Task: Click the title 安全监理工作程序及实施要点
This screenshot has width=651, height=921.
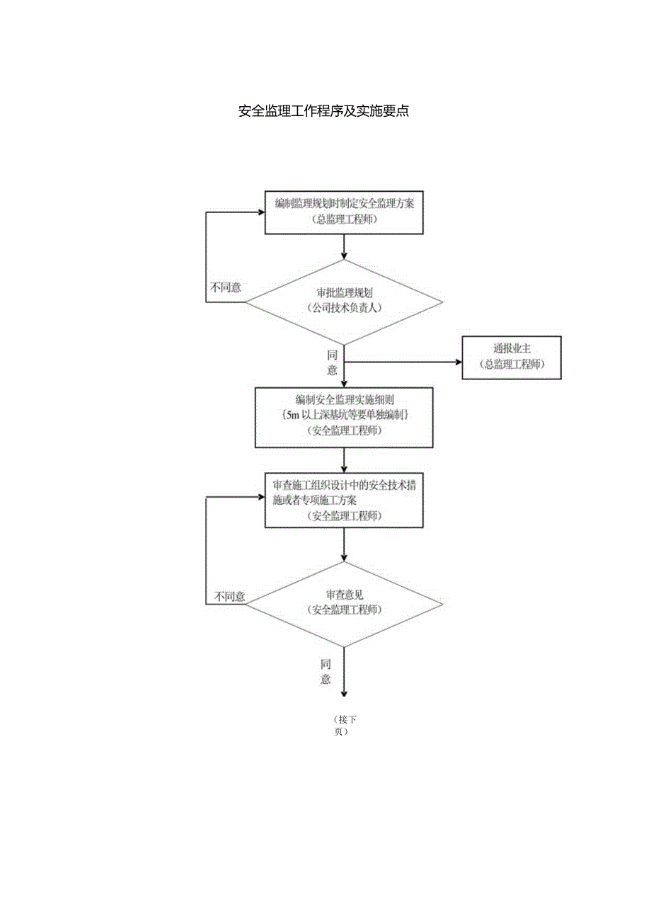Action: (x=324, y=111)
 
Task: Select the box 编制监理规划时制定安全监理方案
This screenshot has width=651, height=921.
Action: (x=344, y=212)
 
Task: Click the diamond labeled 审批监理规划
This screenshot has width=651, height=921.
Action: (x=344, y=303)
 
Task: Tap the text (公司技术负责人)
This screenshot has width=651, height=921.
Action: (x=344, y=308)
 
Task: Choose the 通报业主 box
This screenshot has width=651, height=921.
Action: (x=512, y=357)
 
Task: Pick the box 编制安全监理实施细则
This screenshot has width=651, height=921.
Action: (x=344, y=417)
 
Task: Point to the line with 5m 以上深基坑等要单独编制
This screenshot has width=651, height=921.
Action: (x=345, y=416)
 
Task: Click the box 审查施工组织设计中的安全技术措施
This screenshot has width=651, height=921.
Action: (x=344, y=500)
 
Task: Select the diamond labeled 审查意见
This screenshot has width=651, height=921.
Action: (x=344, y=604)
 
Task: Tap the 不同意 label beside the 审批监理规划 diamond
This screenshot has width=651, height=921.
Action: (x=225, y=288)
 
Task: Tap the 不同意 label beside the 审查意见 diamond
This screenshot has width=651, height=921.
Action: (x=230, y=597)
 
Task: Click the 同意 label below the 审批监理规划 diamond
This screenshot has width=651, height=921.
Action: (x=332, y=362)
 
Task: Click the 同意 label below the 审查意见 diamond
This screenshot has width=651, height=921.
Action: (x=325, y=672)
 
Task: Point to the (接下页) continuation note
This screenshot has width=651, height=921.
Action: (x=345, y=726)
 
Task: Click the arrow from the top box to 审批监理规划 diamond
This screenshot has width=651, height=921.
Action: (x=344, y=246)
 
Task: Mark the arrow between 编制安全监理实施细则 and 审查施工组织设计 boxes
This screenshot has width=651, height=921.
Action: (x=344, y=461)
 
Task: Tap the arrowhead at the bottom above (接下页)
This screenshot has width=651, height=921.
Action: (x=344, y=694)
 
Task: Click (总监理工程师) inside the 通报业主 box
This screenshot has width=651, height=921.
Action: (x=512, y=365)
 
